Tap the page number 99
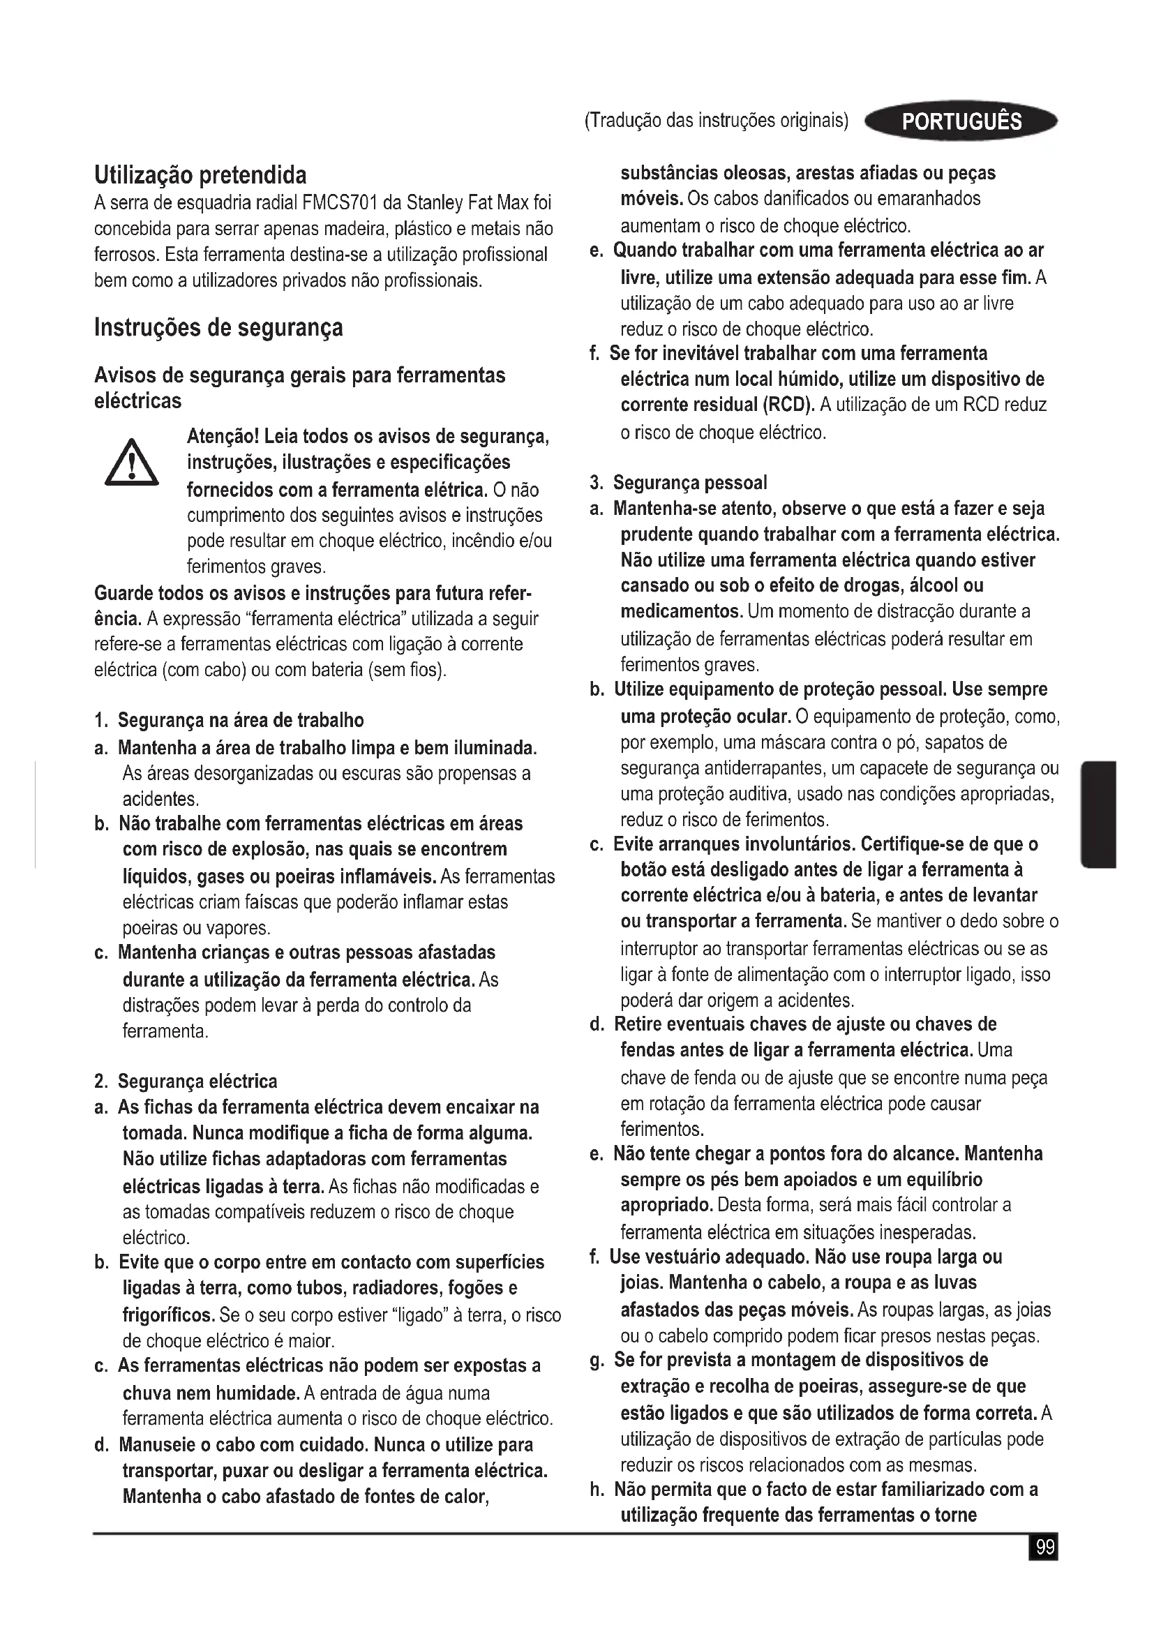point(1044,1547)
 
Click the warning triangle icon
point(131,463)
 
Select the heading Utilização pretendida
point(200,175)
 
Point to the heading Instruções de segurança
point(218,328)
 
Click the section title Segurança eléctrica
point(197,1082)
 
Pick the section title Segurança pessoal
point(690,484)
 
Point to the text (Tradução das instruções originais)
point(717,121)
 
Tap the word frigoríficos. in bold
point(168,1315)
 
